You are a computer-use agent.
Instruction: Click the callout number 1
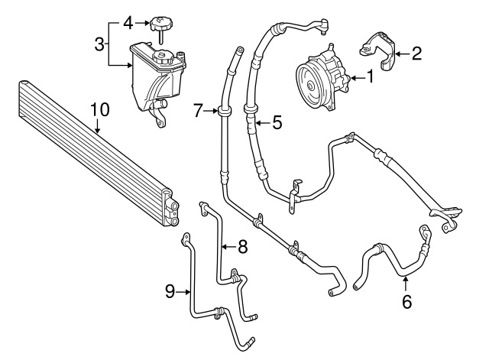(370, 77)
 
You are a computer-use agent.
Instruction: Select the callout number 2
(416, 54)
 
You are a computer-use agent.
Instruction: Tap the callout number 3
(99, 44)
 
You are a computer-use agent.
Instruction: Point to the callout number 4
(128, 23)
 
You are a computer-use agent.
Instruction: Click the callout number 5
(277, 122)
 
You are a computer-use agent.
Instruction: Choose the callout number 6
(406, 302)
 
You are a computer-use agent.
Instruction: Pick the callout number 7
(199, 110)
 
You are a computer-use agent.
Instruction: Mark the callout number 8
(242, 247)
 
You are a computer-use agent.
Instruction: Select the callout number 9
(170, 292)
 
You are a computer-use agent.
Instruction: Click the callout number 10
(100, 109)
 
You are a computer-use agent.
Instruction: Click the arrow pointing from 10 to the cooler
(98, 126)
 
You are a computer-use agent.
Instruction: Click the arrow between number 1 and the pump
(357, 78)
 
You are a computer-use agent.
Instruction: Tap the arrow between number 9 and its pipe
(183, 292)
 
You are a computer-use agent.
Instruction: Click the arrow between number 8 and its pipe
(229, 247)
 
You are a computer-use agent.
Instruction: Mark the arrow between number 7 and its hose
(211, 110)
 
